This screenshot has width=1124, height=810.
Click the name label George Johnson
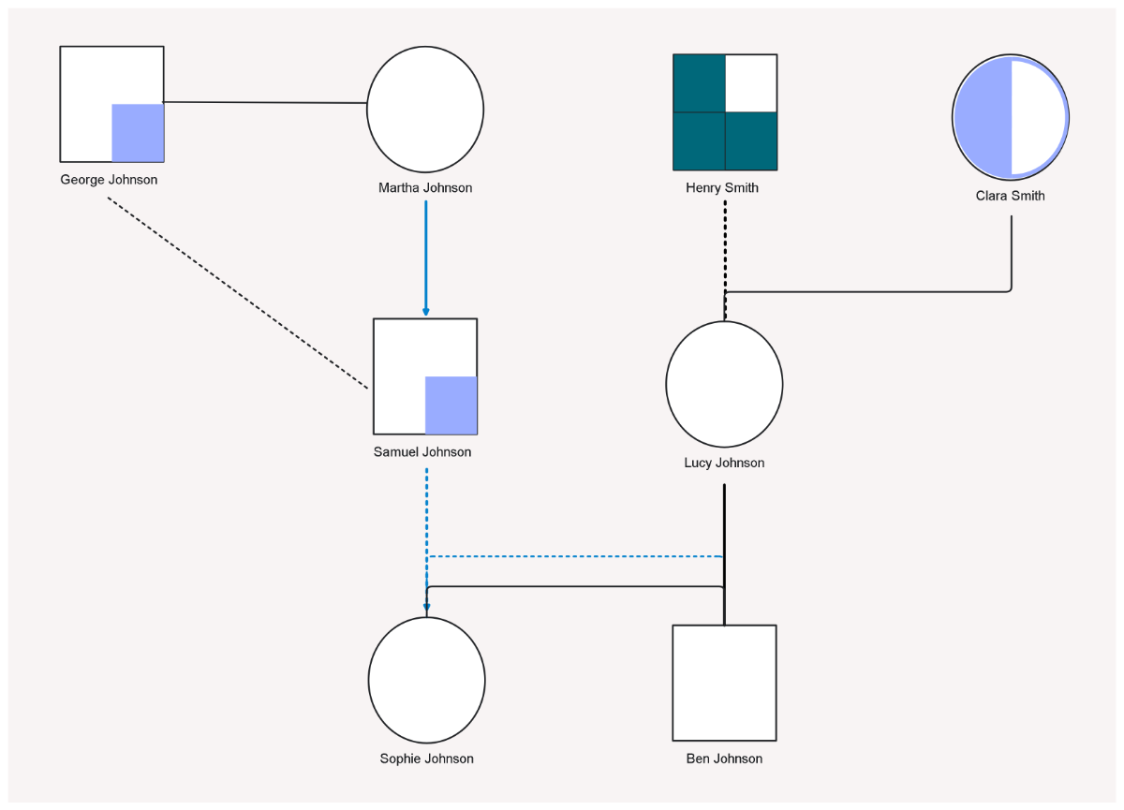point(109,180)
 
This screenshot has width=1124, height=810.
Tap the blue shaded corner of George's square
point(138,133)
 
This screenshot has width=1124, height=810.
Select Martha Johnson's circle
point(424,110)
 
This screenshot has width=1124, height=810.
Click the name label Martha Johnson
point(425,188)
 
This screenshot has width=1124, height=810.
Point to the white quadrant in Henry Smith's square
point(751,83)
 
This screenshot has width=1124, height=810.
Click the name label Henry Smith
point(722,188)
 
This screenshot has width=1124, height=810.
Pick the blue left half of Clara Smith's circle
point(983,118)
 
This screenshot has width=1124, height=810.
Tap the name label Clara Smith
point(1010,196)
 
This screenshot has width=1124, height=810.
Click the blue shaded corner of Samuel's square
point(451,405)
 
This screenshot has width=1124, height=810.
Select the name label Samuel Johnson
point(422,452)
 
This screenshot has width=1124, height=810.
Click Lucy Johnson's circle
point(724,384)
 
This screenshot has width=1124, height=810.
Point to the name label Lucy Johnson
point(724,463)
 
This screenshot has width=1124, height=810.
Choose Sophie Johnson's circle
point(426,680)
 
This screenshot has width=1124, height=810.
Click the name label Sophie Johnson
point(426,758)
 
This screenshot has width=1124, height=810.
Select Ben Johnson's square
point(724,683)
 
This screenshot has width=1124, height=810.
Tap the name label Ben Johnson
point(724,758)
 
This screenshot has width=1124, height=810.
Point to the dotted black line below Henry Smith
point(725,243)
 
